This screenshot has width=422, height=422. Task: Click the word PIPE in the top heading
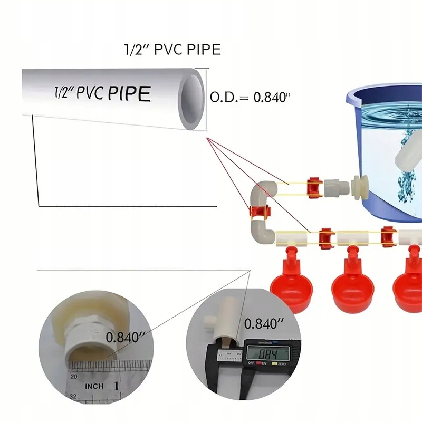click(202, 50)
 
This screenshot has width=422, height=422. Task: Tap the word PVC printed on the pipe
click(91, 93)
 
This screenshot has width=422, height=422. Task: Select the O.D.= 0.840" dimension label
click(251, 97)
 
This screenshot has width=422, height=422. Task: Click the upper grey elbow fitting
click(262, 191)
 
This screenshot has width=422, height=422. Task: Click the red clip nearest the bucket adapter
click(314, 186)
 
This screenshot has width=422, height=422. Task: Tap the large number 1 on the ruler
click(116, 386)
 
